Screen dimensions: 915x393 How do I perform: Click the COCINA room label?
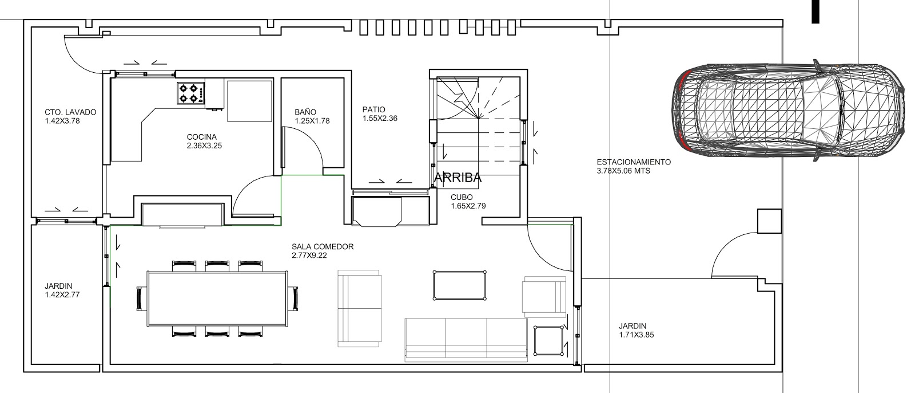tap(202, 137)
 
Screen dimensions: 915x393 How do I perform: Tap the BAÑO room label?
tap(305, 112)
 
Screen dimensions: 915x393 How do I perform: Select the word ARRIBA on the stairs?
tap(457, 178)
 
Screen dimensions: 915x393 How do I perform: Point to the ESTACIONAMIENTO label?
tap(634, 162)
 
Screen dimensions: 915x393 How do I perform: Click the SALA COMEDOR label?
tap(323, 246)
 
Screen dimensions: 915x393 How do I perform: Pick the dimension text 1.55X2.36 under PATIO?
tap(380, 119)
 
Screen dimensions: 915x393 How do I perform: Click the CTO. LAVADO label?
tap(70, 112)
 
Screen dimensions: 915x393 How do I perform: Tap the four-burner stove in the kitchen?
tap(191, 93)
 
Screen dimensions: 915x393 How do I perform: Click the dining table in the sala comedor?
tap(218, 298)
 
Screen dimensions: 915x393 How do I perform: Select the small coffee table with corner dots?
tap(460, 285)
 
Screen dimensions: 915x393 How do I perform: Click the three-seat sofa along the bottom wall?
tap(466, 340)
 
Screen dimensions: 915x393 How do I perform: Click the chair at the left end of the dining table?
tap(141, 299)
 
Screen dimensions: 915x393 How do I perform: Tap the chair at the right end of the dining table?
tap(293, 299)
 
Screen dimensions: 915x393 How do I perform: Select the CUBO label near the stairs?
tap(462, 197)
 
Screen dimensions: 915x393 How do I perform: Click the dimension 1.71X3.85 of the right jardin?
tap(636, 335)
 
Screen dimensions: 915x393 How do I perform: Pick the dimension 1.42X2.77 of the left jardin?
tap(62, 294)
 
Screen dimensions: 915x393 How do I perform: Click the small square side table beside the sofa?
tap(548, 341)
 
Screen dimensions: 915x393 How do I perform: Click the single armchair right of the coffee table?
tap(544, 297)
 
